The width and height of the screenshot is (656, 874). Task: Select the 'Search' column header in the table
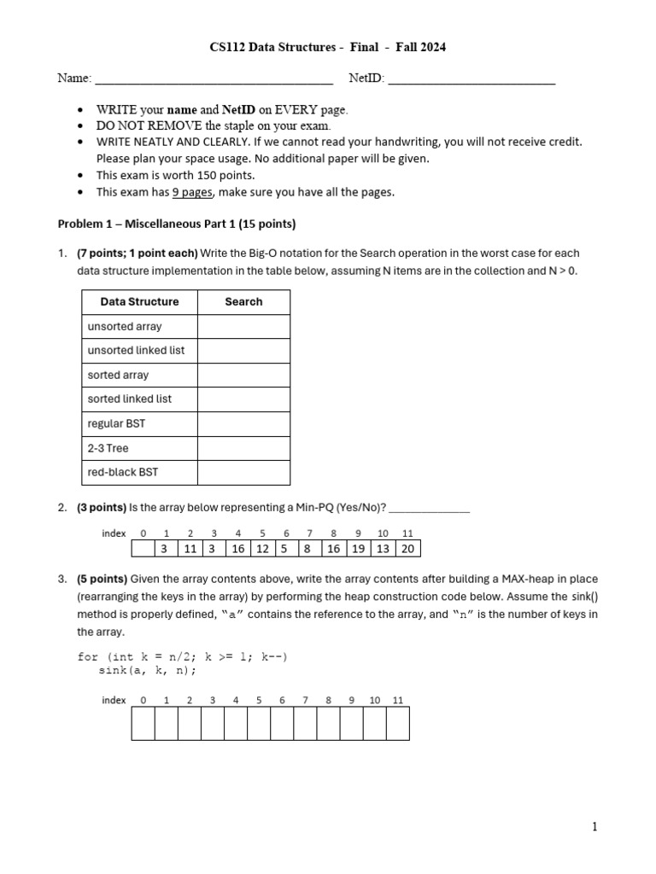click(x=243, y=302)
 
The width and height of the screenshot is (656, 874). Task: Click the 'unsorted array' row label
click(x=125, y=327)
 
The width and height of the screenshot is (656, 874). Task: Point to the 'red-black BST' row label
click(x=123, y=472)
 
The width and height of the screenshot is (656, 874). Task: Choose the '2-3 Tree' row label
click(x=108, y=448)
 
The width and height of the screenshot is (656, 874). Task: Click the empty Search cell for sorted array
click(x=243, y=376)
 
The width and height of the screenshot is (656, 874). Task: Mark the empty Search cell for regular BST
click(x=243, y=424)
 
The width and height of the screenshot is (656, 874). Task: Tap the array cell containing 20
click(x=407, y=549)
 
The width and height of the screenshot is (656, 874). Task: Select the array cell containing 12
click(x=262, y=549)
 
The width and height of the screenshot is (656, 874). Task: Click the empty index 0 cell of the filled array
click(x=143, y=549)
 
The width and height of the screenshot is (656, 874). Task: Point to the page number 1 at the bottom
click(x=594, y=827)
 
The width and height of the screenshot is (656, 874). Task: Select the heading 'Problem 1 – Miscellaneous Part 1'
click(x=176, y=224)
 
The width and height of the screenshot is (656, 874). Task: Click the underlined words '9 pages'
click(x=192, y=192)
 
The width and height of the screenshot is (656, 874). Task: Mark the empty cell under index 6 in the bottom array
click(x=282, y=724)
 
